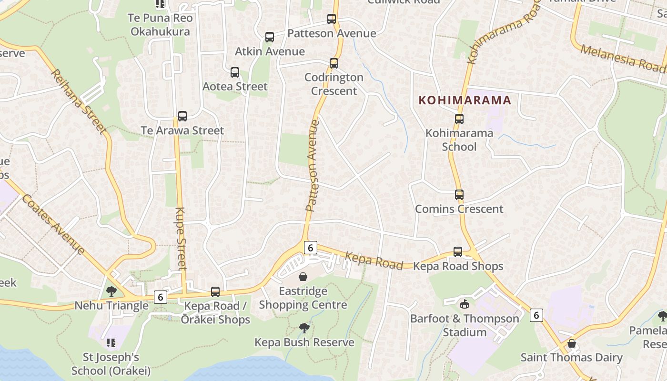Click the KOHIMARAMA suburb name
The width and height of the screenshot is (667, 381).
point(465,100)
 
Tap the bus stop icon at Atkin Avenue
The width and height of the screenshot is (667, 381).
point(270,37)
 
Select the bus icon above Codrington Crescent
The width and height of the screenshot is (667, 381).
point(334,63)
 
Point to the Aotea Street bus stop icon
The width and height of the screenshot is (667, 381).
point(235,72)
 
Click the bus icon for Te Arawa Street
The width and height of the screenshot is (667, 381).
point(182,116)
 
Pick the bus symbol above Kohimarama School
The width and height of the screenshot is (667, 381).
point(459,119)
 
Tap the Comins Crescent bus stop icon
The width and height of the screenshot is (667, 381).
point(459,195)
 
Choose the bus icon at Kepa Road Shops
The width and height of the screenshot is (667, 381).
point(458,252)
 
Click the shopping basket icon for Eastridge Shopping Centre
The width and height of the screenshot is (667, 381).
point(303,277)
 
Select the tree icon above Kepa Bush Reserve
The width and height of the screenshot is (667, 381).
point(304,328)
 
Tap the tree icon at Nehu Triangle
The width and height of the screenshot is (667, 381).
point(111,291)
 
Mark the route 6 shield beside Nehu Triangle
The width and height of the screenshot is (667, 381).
point(161,297)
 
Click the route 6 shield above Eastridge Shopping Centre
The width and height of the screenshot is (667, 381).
point(310,248)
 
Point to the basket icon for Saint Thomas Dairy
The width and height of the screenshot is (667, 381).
point(571,343)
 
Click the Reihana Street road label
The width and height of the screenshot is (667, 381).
point(79,101)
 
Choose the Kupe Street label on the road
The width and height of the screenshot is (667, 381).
point(181,238)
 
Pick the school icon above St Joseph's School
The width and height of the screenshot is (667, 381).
point(111,342)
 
